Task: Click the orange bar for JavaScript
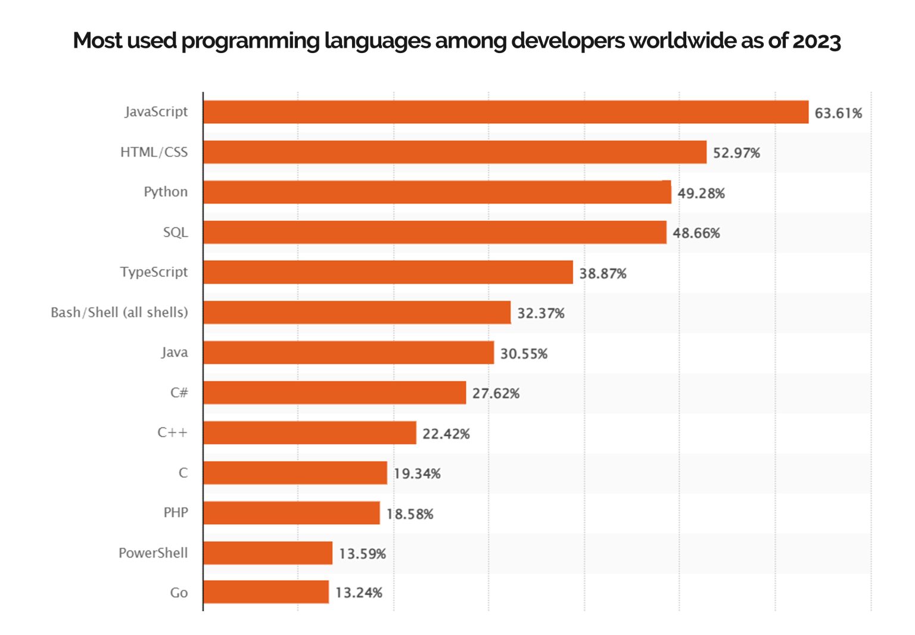505,112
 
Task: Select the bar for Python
437,192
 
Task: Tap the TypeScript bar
388,272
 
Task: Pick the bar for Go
266,592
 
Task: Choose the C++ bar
309,433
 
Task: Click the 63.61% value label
838,113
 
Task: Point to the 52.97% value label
736,153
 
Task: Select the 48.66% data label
696,233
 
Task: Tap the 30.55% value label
523,354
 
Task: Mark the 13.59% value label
362,554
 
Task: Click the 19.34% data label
416,474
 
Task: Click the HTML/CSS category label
154,152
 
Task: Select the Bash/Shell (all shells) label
119,312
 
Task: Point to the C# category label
179,393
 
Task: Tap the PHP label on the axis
176,513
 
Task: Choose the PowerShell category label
153,553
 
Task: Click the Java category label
174,353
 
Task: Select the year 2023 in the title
816,41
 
